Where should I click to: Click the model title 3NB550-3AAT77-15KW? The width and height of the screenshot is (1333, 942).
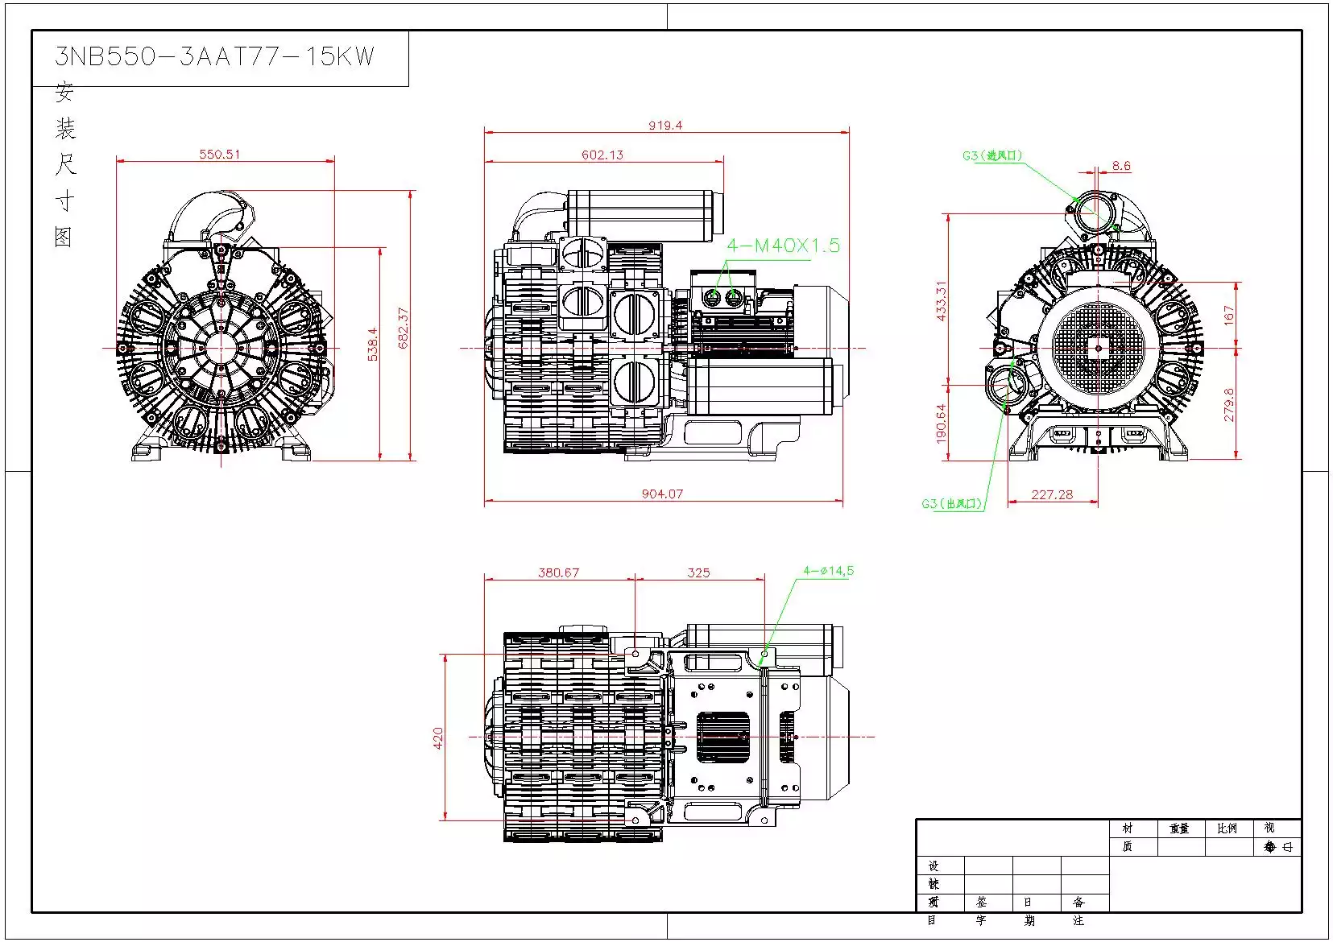tap(214, 56)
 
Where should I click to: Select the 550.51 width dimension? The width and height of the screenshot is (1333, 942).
tap(220, 154)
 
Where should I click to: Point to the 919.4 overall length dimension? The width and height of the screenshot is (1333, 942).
tap(665, 125)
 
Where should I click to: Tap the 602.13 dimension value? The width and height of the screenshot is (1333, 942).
tap(602, 155)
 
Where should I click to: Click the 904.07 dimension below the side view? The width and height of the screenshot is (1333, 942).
tap(662, 494)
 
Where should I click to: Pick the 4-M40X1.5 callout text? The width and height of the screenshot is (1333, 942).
tap(783, 246)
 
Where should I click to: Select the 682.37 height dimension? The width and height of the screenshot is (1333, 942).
tap(404, 328)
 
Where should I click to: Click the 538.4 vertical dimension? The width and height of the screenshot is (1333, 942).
tap(373, 344)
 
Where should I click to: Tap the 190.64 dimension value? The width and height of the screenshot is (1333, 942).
tap(942, 423)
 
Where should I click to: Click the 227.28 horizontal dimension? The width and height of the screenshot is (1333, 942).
tap(1052, 494)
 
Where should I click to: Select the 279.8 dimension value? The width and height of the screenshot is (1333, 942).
tap(1228, 405)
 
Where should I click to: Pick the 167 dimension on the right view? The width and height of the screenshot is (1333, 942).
tap(1228, 315)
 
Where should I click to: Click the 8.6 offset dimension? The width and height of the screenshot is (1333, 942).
tap(1121, 166)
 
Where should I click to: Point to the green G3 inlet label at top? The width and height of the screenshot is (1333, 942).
tap(992, 155)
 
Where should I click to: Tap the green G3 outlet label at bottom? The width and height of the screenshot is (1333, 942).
tap(952, 504)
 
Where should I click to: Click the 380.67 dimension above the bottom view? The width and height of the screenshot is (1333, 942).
tap(558, 572)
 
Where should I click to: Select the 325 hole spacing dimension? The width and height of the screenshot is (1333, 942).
tap(698, 572)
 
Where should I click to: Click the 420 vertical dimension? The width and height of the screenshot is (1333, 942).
tap(438, 737)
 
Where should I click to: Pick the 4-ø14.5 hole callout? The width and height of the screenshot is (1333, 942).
tap(828, 571)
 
